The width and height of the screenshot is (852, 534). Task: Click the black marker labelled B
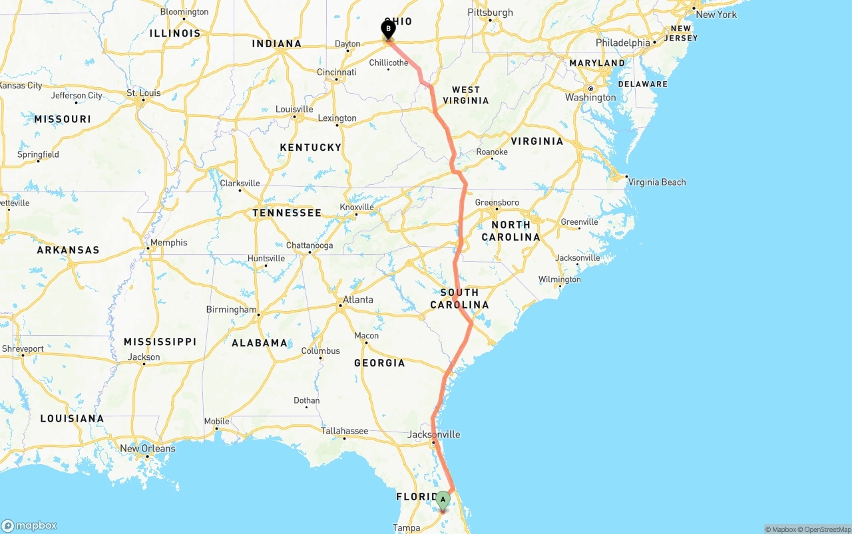pyautogui.click(x=388, y=29)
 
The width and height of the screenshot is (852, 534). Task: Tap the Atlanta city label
pyautogui.click(x=357, y=300)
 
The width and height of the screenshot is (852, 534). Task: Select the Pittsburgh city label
pyautogui.click(x=491, y=13)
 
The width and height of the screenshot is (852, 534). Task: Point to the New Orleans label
pyautogui.click(x=148, y=448)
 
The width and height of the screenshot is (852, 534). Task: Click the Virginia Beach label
pyautogui.click(x=656, y=182)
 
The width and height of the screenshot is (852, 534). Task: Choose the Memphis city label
pyautogui.click(x=168, y=243)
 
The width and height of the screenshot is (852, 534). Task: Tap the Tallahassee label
pyautogui.click(x=344, y=431)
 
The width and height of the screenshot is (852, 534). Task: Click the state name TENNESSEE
pyautogui.click(x=287, y=213)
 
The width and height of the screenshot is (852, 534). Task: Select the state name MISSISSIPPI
pyautogui.click(x=160, y=342)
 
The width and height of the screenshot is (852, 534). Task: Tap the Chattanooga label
pyautogui.click(x=310, y=245)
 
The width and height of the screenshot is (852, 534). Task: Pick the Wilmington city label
pyautogui.click(x=559, y=279)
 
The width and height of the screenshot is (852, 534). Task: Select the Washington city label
pyautogui.click(x=590, y=98)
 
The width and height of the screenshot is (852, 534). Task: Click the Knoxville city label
pyautogui.click(x=357, y=207)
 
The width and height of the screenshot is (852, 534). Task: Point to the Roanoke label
pyautogui.click(x=492, y=152)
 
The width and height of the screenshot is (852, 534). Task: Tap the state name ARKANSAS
pyautogui.click(x=68, y=250)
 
